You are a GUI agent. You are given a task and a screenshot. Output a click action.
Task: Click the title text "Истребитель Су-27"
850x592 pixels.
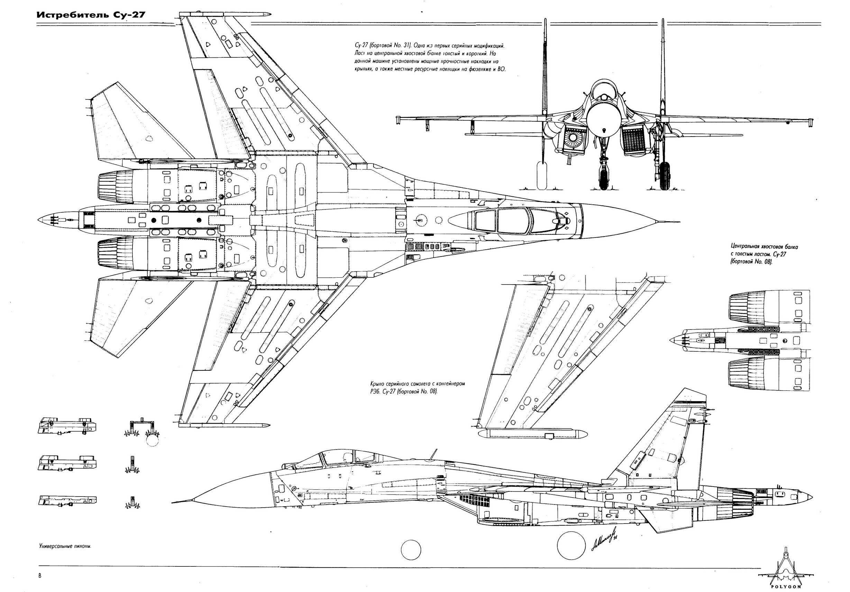pyautogui.click(x=91, y=16)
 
